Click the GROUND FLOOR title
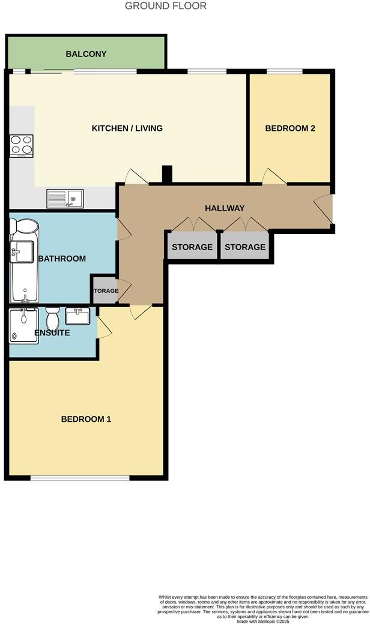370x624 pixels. click(x=166, y=6)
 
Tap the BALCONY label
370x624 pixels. click(x=86, y=54)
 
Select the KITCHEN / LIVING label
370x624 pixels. click(x=127, y=128)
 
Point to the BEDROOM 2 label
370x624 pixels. click(x=290, y=128)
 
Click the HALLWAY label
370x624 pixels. click(x=225, y=208)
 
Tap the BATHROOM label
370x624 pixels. click(x=62, y=259)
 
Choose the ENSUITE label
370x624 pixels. click(x=52, y=333)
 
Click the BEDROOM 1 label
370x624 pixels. click(x=86, y=419)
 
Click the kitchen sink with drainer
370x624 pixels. click(x=66, y=197)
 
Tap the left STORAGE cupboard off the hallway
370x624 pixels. click(x=192, y=247)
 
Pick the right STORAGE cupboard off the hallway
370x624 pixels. click(x=245, y=247)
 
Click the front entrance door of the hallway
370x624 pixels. click(x=324, y=210)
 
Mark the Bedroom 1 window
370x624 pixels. click(x=80, y=478)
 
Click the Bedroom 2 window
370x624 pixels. click(x=284, y=72)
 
